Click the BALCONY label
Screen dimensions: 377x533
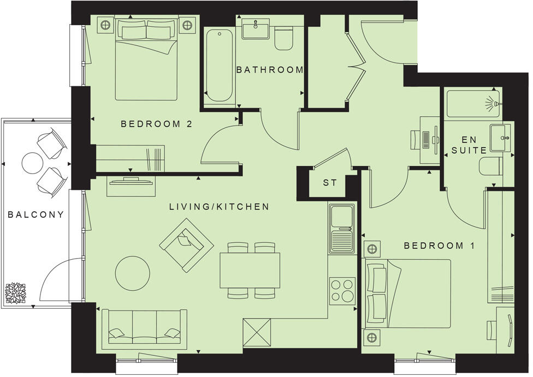tap(35, 214)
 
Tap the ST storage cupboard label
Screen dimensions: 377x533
tap(330, 183)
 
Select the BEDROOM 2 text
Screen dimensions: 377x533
tap(156, 124)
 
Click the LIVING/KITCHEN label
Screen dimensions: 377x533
tap(219, 207)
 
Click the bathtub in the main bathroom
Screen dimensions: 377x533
tap(220, 65)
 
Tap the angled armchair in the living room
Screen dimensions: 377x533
tap(186, 245)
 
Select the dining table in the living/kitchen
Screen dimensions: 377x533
tap(250, 270)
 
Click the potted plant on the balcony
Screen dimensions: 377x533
tap(15, 293)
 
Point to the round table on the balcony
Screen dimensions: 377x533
tap(32, 162)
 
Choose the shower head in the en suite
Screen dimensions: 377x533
tap(493, 103)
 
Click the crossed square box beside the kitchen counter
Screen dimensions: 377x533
tap(257, 332)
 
